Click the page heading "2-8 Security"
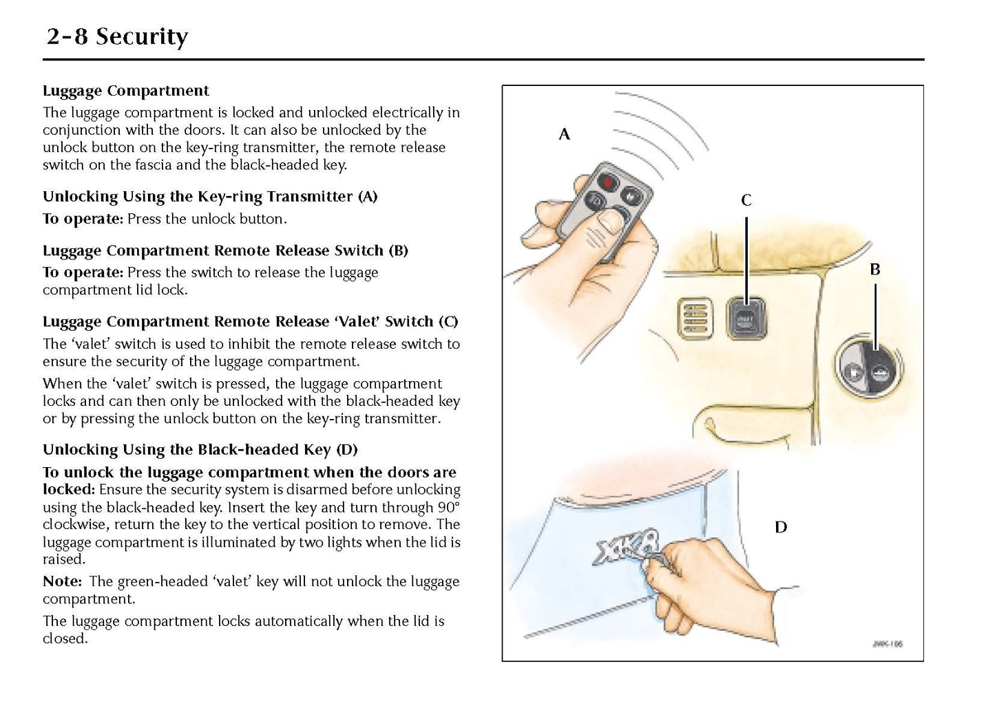pyautogui.click(x=117, y=36)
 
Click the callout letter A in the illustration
pyautogui.click(x=564, y=135)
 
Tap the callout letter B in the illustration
pyautogui.click(x=874, y=270)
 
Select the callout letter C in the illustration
pyautogui.click(x=746, y=201)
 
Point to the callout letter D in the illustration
pyautogui.click(x=780, y=528)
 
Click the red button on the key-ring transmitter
pyautogui.click(x=608, y=182)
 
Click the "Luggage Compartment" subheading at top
pyautogui.click(x=126, y=91)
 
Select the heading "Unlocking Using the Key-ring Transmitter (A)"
pyautogui.click(x=210, y=197)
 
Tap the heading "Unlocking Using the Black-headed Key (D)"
pyautogui.click(x=200, y=450)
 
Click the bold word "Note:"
pyautogui.click(x=63, y=581)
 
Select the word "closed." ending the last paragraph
pyautogui.click(x=65, y=638)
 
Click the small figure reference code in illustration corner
pyautogui.click(x=887, y=645)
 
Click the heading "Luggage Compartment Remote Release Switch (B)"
pyautogui.click(x=225, y=250)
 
